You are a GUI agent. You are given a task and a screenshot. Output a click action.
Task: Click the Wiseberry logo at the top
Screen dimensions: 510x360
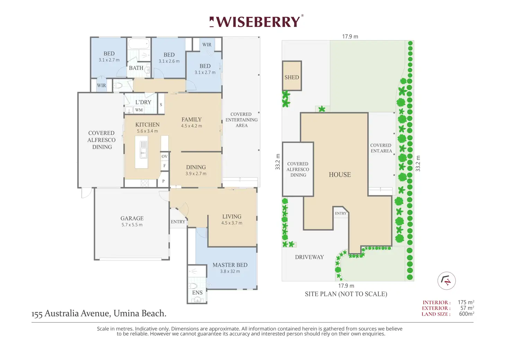click(256, 21)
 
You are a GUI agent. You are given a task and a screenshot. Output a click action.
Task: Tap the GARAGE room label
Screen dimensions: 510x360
click(132, 218)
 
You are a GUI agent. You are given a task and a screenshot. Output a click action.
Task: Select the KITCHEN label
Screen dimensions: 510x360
click(147, 125)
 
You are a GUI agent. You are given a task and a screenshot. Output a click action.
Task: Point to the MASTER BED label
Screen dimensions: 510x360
click(230, 265)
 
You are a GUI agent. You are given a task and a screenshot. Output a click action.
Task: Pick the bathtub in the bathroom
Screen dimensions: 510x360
click(139, 43)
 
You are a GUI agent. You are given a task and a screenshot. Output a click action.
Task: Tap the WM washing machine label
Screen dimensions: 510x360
click(139, 110)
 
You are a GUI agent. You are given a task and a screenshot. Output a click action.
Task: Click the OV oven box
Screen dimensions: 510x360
click(164, 156)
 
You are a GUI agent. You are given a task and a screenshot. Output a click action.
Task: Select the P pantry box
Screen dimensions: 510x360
click(163, 181)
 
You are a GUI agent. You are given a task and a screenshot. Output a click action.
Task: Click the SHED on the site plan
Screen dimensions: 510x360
click(292, 76)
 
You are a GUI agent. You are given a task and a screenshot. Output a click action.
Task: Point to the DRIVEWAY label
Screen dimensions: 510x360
click(309, 257)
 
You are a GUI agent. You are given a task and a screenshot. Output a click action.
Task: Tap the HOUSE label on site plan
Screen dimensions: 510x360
click(340, 175)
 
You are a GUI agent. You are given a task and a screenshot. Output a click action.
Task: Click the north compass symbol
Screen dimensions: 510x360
click(447, 281)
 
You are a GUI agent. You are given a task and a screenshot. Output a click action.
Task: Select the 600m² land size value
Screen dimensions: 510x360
click(466, 314)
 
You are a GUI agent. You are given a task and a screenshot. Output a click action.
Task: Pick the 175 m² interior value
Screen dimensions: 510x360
click(466, 302)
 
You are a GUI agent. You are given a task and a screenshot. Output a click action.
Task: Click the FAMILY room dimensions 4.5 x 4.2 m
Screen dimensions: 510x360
click(192, 126)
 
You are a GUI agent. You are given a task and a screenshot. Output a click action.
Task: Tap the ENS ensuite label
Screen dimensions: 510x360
click(197, 293)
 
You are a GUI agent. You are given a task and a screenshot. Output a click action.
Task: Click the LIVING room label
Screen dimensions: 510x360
click(232, 216)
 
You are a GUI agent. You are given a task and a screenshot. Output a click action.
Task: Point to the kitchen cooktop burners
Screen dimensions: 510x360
click(145, 183)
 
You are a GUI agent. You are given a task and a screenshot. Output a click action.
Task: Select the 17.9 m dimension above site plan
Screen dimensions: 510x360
click(350, 36)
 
